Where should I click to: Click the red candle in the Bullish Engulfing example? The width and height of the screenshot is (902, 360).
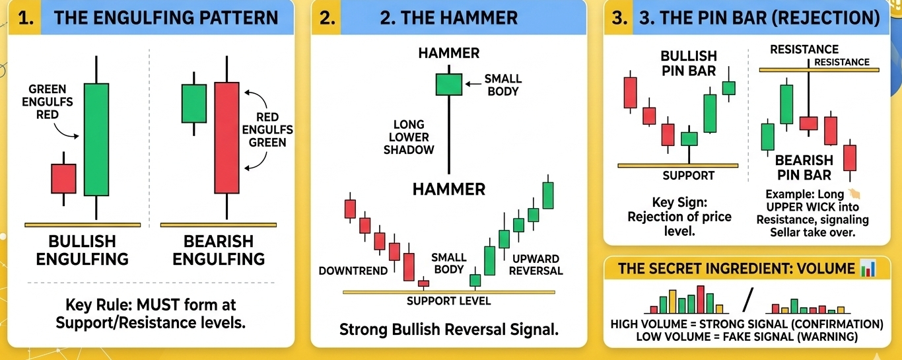click(64, 178)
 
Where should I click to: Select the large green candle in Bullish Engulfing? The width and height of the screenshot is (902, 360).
click(96, 139)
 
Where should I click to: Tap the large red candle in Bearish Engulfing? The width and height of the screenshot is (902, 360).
click(226, 137)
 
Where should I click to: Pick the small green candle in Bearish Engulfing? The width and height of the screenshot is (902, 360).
click(193, 103)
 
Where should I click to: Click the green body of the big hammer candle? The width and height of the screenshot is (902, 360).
click(449, 84)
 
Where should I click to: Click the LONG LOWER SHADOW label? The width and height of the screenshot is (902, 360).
click(409, 137)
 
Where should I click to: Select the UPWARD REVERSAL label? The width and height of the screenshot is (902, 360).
click(536, 264)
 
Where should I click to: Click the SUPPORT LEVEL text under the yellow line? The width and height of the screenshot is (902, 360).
click(449, 301)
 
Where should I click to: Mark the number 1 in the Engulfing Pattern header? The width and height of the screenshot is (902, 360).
click(24, 18)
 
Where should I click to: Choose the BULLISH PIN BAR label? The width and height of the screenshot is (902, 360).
click(688, 63)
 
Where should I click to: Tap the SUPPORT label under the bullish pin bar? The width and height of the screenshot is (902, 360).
click(689, 176)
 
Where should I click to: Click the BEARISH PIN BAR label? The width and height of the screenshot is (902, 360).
click(804, 167)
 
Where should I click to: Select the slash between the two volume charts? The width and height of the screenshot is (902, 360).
click(747, 301)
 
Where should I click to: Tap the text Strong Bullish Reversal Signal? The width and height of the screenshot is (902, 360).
click(449, 329)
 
